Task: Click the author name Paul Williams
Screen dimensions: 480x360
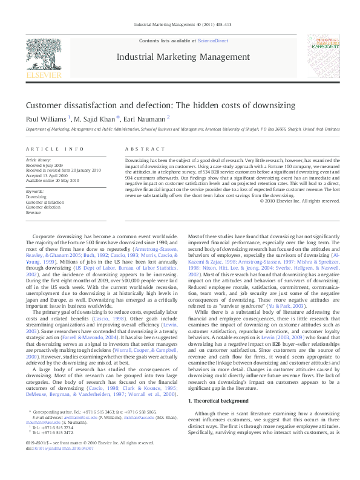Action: pos(45,118)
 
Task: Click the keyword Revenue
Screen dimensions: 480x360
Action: pos(33,213)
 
